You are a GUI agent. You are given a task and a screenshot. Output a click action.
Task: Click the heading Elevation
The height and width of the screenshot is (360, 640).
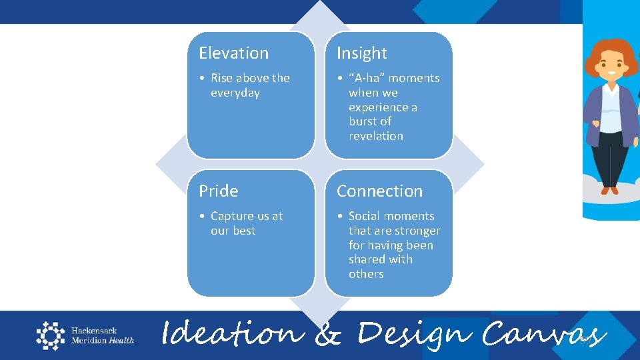point(233,53)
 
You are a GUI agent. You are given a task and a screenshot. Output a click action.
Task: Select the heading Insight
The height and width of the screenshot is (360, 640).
point(361,53)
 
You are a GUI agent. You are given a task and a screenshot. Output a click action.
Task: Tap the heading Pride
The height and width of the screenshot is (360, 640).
point(218,191)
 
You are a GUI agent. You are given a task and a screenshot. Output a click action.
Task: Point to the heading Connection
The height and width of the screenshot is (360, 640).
point(379,191)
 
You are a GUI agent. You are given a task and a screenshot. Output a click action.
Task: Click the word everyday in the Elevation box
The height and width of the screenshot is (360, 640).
point(235,93)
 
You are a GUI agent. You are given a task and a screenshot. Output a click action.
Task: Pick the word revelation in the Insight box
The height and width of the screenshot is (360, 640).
point(376,136)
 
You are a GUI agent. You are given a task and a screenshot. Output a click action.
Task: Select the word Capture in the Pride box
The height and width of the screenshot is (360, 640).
point(231,216)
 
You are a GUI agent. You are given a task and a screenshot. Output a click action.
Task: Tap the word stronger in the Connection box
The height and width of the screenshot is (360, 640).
point(414,231)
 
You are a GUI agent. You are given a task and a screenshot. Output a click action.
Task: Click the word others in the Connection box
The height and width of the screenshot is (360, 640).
point(366,274)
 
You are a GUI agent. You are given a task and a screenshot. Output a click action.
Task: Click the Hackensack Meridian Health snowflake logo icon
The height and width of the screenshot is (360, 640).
point(50,335)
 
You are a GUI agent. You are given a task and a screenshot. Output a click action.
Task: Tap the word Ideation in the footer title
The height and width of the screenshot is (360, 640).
point(231,333)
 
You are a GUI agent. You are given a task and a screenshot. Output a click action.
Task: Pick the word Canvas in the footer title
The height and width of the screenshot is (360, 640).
point(543,333)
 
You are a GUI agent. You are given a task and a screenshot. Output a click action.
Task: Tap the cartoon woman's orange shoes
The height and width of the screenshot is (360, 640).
point(609,191)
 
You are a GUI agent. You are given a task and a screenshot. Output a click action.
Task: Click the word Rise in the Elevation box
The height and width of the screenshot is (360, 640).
point(222,78)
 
